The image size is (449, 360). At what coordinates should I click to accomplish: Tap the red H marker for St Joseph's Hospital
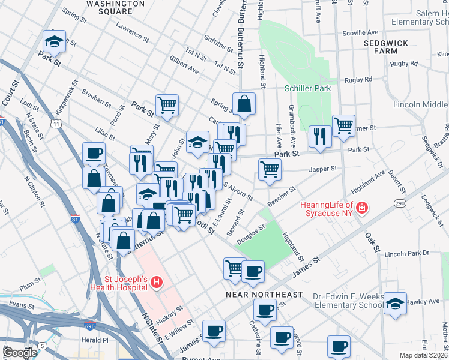156,281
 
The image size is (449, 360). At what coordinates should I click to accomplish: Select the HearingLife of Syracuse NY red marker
362,209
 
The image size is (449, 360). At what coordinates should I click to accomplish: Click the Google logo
20,353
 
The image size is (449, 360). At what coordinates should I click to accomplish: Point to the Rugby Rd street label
358,79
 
